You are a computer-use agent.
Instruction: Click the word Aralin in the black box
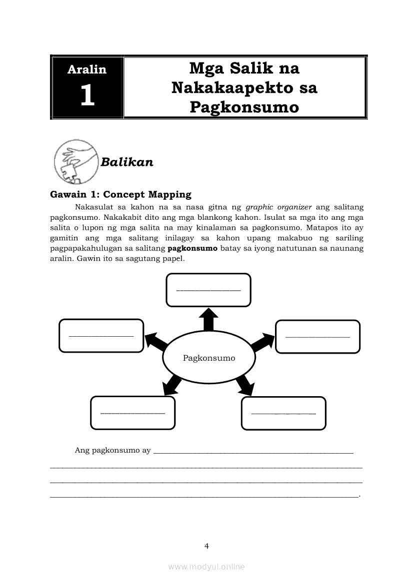click(87, 69)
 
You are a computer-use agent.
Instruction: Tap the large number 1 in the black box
click(87, 95)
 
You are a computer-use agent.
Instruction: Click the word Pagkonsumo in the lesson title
click(244, 107)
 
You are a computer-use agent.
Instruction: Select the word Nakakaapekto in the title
click(244, 87)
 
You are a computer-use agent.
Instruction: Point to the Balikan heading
click(127, 162)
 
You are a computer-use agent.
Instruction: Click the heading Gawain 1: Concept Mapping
click(120, 194)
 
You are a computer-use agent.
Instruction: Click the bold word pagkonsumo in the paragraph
click(192, 248)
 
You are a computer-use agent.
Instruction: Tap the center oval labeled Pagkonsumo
click(209, 358)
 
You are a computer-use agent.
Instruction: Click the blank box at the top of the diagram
click(208, 290)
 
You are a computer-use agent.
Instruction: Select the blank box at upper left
click(101, 335)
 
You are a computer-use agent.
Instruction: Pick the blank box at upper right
click(317, 336)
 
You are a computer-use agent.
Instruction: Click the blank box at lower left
click(132, 413)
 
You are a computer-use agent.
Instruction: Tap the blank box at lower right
click(283, 413)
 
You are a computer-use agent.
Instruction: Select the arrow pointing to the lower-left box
click(172, 384)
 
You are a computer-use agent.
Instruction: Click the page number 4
click(206, 546)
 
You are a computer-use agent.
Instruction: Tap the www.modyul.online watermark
click(206, 567)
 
